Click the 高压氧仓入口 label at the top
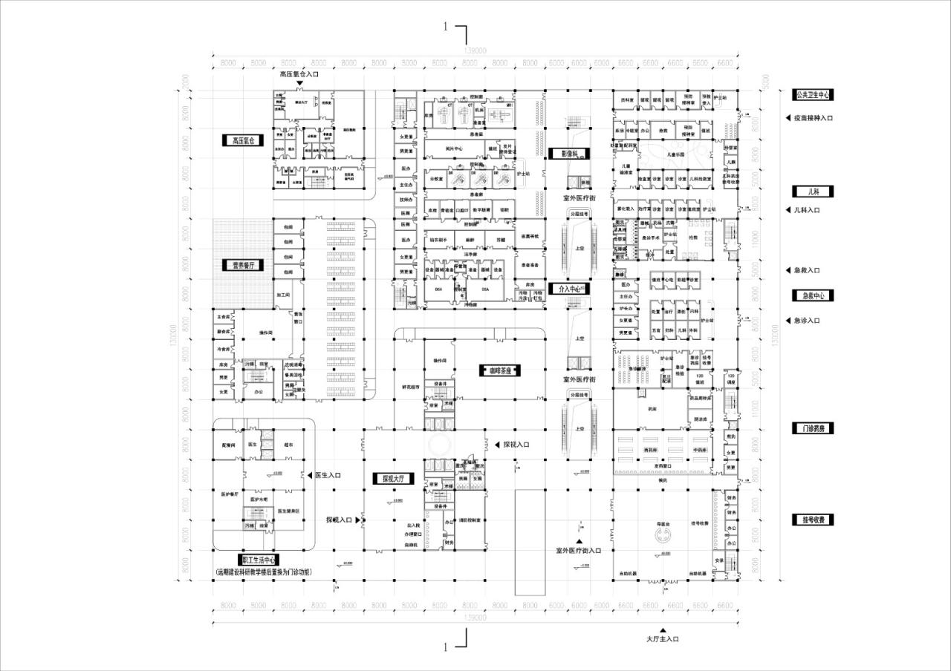pyautogui.click(x=299, y=74)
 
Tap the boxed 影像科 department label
pyautogui.click(x=569, y=154)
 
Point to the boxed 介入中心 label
pyautogui.click(x=568, y=288)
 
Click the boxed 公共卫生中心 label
pyautogui.click(x=813, y=95)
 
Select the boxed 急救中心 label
pyautogui.click(x=813, y=295)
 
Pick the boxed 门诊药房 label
pyautogui.click(x=813, y=428)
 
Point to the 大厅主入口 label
pyautogui.click(x=663, y=638)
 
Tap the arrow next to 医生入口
pyautogui.click(x=310, y=475)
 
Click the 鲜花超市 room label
pyautogui.click(x=411, y=387)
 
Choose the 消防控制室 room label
pyautogui.click(x=474, y=520)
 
